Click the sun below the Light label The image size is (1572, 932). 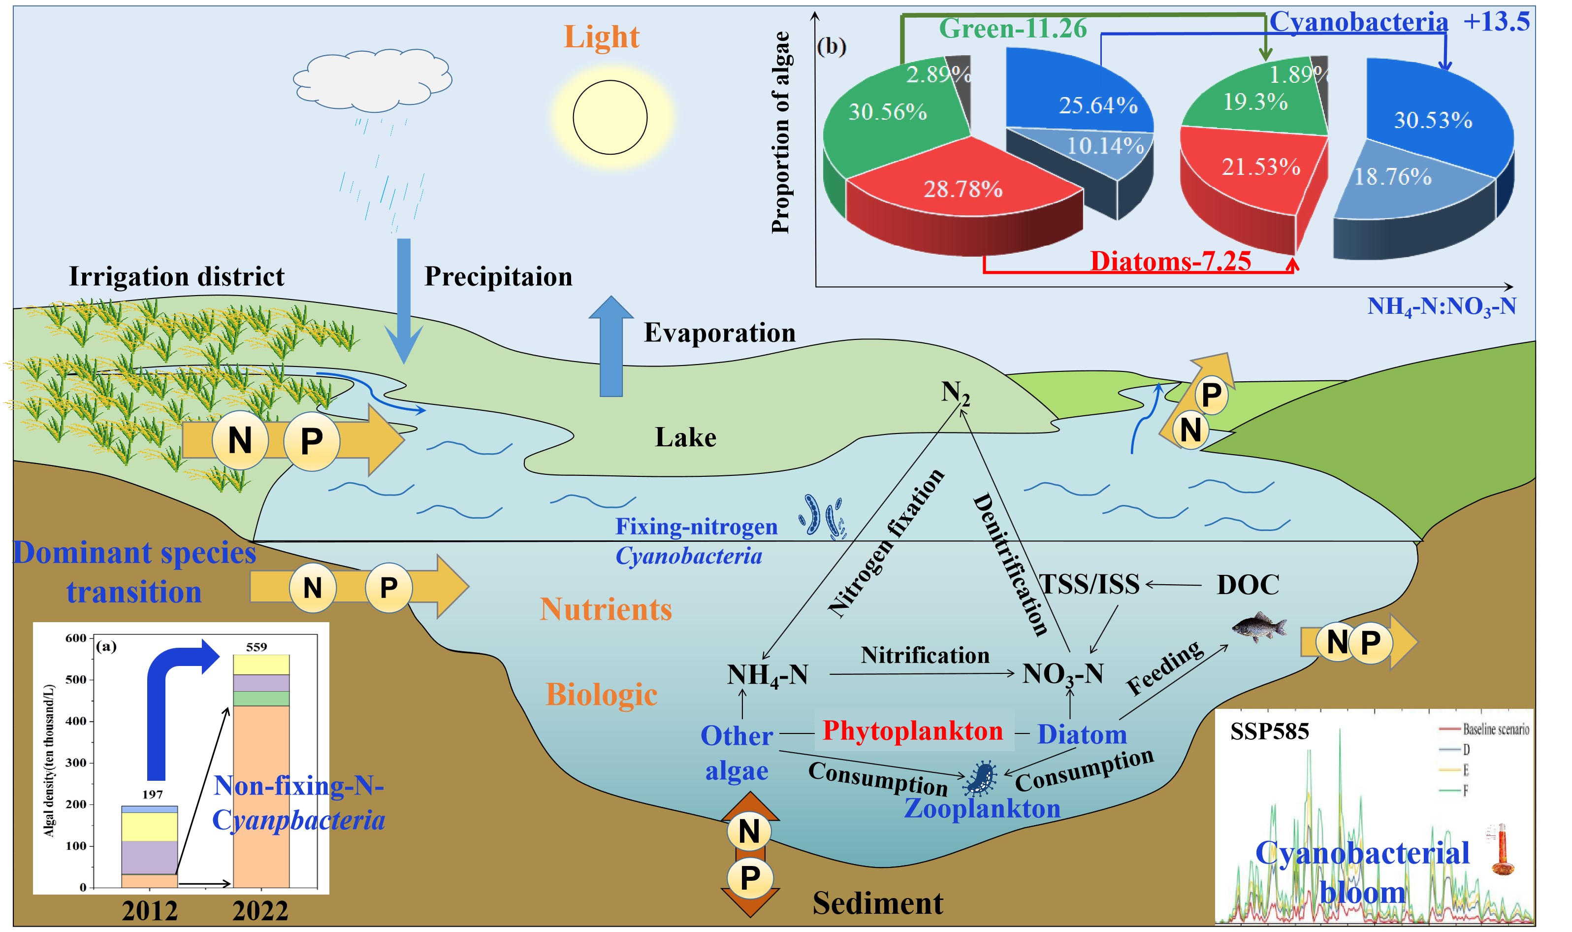(610, 117)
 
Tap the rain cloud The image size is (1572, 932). (373, 80)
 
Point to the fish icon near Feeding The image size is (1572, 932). (1259, 627)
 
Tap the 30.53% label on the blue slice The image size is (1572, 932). (1433, 120)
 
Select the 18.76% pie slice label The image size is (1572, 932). (1392, 176)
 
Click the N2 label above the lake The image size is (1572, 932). (955, 393)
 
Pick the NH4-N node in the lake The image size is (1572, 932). (767, 675)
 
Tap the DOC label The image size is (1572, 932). (1248, 585)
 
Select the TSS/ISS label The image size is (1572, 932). (1090, 584)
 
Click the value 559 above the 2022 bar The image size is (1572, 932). (256, 647)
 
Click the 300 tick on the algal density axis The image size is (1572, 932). (76, 763)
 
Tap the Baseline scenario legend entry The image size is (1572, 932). (1495, 729)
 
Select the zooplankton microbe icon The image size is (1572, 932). (980, 779)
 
